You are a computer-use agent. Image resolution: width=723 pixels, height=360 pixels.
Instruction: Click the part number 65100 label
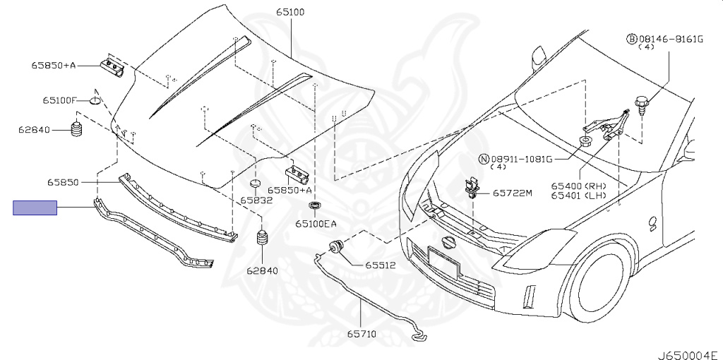[290, 13]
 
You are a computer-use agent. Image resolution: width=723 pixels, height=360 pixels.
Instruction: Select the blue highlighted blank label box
[35, 208]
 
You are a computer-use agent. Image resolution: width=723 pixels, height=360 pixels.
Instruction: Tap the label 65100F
[59, 100]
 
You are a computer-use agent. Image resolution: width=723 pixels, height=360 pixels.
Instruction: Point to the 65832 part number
[256, 200]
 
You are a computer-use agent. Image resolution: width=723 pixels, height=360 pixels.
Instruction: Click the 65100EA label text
[316, 224]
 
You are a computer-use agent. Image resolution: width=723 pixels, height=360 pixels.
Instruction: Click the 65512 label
[381, 265]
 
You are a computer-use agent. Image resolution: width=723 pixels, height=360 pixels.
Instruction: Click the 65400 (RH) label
[578, 186]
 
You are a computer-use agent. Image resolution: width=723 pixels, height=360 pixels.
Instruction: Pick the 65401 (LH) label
[578, 196]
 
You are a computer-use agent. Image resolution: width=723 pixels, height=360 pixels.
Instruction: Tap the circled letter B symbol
[632, 40]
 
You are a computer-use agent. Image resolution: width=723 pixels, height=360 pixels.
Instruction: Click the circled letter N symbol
[483, 160]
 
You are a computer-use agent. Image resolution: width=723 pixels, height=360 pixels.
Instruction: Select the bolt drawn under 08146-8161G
[641, 107]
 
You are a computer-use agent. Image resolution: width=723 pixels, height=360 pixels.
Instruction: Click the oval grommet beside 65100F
[95, 100]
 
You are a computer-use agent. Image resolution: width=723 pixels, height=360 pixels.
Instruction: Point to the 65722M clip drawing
[471, 188]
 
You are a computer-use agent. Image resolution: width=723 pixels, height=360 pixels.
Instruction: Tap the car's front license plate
[443, 263]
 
